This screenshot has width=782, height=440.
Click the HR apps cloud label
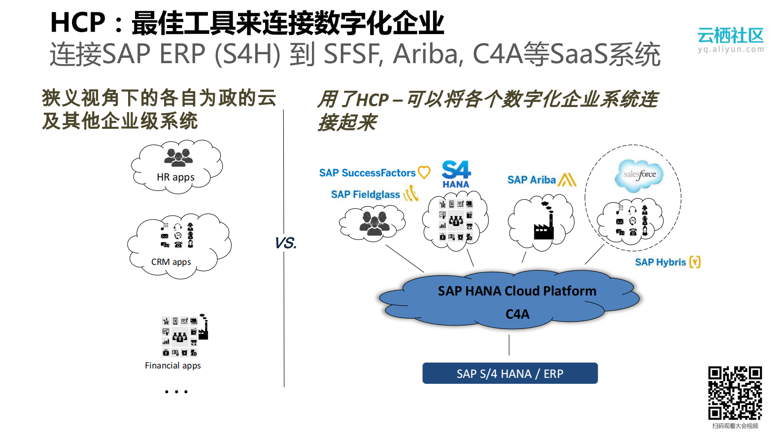pos(175,177)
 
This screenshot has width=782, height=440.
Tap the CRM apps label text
pos(171,262)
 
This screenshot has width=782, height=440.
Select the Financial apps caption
pos(173,366)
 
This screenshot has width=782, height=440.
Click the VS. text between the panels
pos(285,243)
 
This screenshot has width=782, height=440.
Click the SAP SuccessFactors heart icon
pos(424,172)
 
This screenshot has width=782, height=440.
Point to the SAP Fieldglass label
pos(365,194)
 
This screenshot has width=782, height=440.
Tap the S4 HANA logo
pos(456,174)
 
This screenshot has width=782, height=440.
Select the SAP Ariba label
pos(531,180)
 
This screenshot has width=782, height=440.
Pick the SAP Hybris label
pos(660,262)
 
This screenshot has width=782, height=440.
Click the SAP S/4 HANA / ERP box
pos(510,373)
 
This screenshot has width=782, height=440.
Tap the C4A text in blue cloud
pos(517,314)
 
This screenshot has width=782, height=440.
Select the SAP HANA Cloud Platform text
pos(517,291)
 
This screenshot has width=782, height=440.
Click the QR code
pos(735,393)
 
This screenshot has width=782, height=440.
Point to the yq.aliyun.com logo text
pos(730,49)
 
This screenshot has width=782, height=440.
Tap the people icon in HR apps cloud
pos(178,157)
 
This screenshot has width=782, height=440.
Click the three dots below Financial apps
pos(176,392)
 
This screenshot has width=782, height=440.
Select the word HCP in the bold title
pos(78,23)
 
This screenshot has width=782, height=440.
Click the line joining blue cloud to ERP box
pos(509,345)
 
